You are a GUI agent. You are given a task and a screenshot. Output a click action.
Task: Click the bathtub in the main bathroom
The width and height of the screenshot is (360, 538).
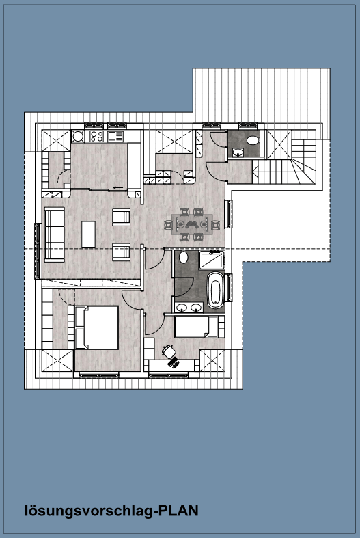[216, 290]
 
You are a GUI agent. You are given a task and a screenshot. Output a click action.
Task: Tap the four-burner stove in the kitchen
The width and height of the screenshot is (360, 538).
[96, 137]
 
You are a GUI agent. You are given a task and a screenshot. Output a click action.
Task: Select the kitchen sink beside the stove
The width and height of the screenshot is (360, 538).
[115, 136]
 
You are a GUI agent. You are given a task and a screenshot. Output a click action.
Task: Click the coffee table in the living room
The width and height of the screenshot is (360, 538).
[88, 234]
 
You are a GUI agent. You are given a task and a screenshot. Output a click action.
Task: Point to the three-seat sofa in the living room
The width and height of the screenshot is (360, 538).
[55, 234]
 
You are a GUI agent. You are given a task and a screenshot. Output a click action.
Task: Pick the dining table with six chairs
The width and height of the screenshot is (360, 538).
[192, 224]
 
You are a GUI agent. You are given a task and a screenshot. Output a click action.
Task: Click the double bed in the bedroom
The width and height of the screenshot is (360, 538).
[97, 327]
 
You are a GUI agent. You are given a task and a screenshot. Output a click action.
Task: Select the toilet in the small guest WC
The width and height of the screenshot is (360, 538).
[253, 140]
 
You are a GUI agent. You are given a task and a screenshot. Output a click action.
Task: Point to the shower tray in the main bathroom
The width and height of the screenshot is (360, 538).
[212, 260]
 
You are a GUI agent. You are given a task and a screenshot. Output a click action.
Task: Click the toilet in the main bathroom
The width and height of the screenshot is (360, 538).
[184, 257]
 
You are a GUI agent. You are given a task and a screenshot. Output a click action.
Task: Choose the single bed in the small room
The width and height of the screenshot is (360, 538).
[196, 327]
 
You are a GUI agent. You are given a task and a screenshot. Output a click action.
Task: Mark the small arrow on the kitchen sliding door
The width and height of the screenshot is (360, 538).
[118, 187]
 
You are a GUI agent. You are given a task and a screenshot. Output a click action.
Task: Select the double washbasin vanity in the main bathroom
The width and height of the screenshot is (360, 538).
[188, 308]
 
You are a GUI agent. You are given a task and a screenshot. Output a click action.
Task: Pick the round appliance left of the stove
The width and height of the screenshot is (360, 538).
[78, 136]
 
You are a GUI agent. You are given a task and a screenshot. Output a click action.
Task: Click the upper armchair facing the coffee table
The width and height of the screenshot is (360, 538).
[122, 217]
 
